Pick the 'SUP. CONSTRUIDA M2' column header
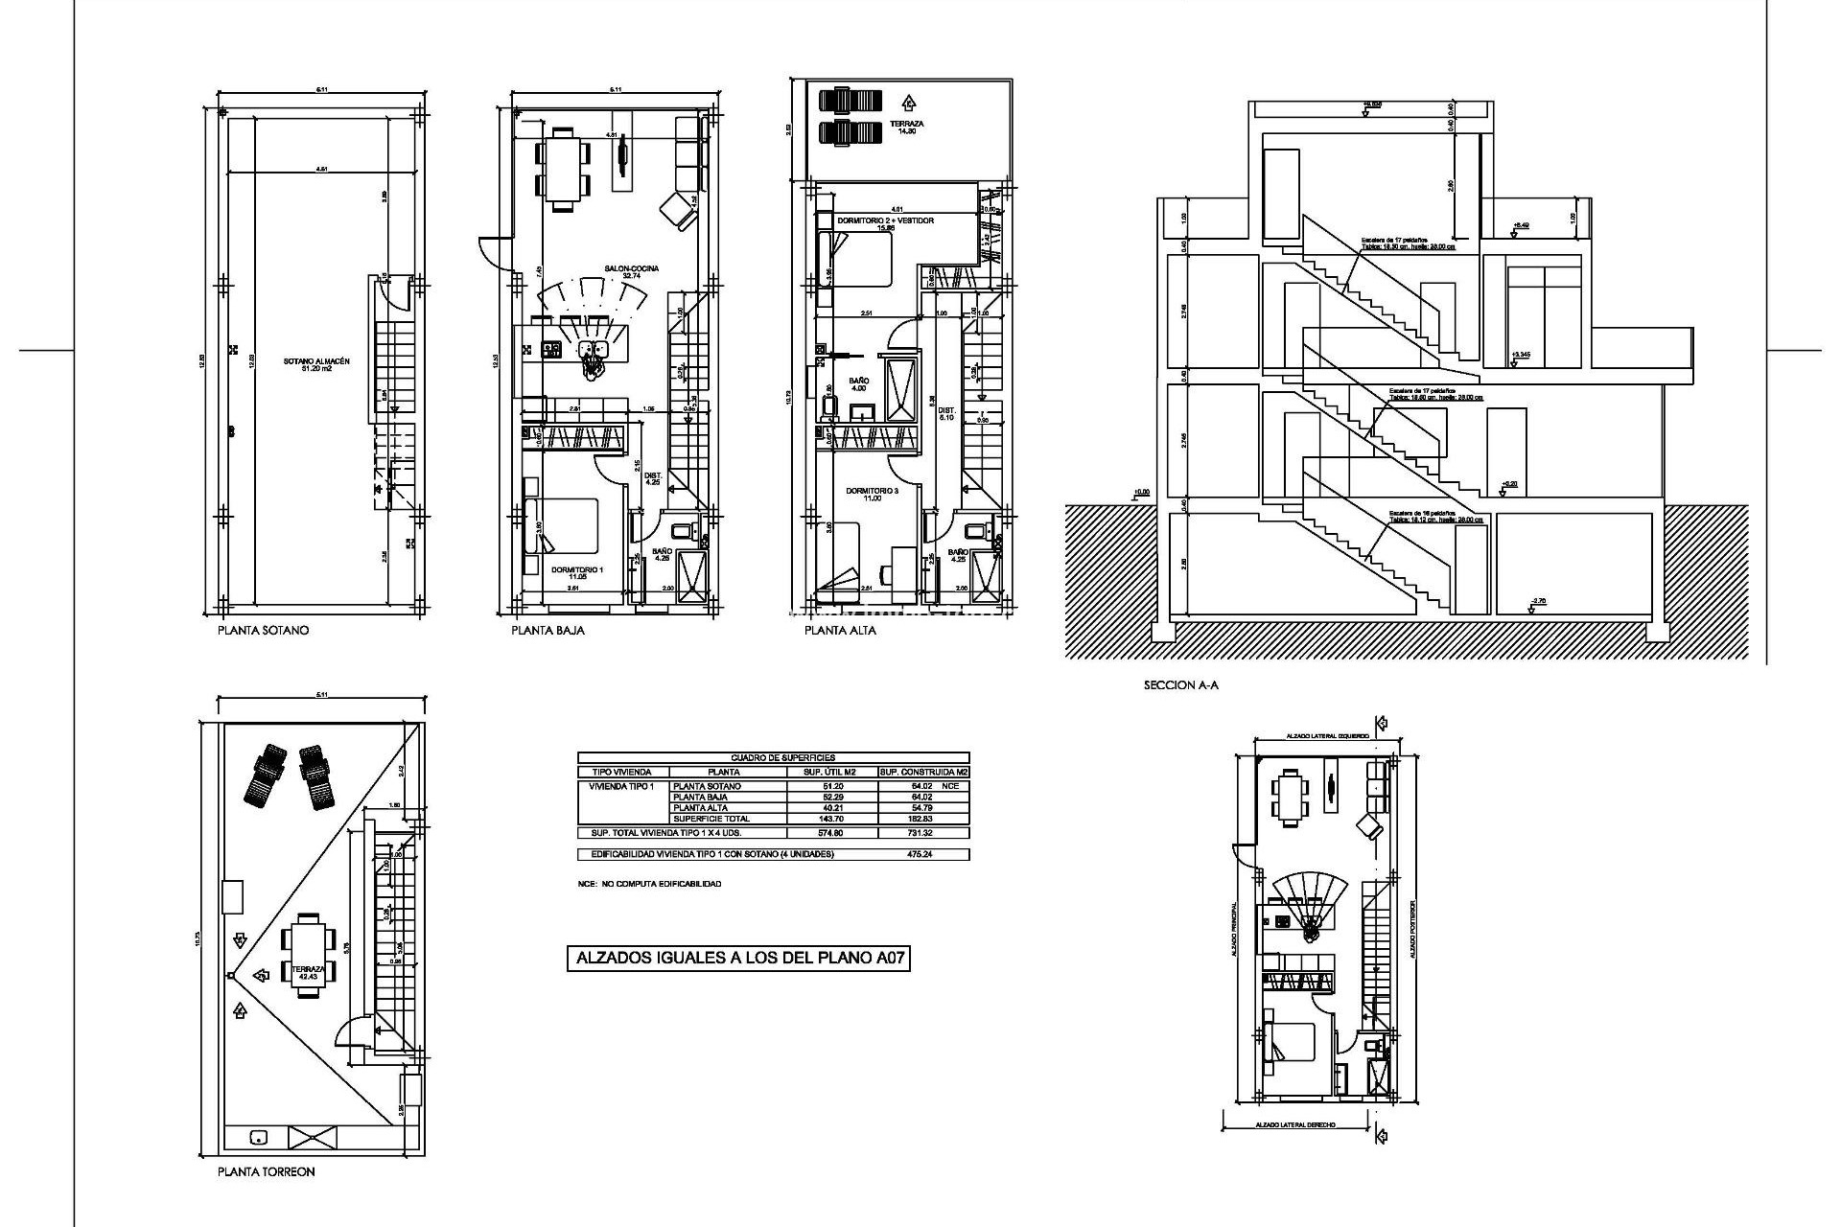(x=923, y=772)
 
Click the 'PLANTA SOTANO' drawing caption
(x=263, y=631)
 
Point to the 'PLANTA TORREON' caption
(x=266, y=1171)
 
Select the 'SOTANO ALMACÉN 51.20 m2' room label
(x=315, y=365)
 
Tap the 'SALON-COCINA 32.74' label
(x=631, y=272)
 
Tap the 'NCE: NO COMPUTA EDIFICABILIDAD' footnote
(x=649, y=884)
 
